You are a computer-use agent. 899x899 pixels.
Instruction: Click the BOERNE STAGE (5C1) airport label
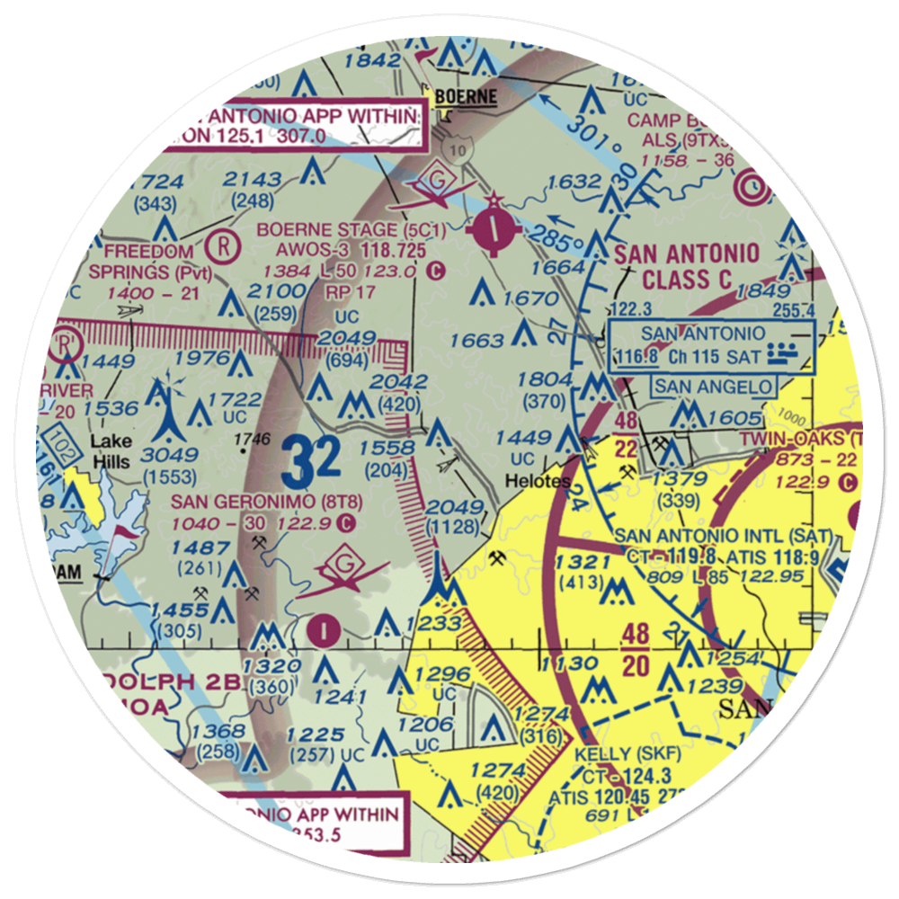click(x=338, y=230)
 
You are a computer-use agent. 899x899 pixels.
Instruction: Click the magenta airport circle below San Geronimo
click(x=322, y=630)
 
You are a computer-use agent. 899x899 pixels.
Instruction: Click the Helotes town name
click(x=537, y=481)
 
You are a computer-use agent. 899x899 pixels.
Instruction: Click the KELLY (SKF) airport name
click(x=628, y=752)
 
